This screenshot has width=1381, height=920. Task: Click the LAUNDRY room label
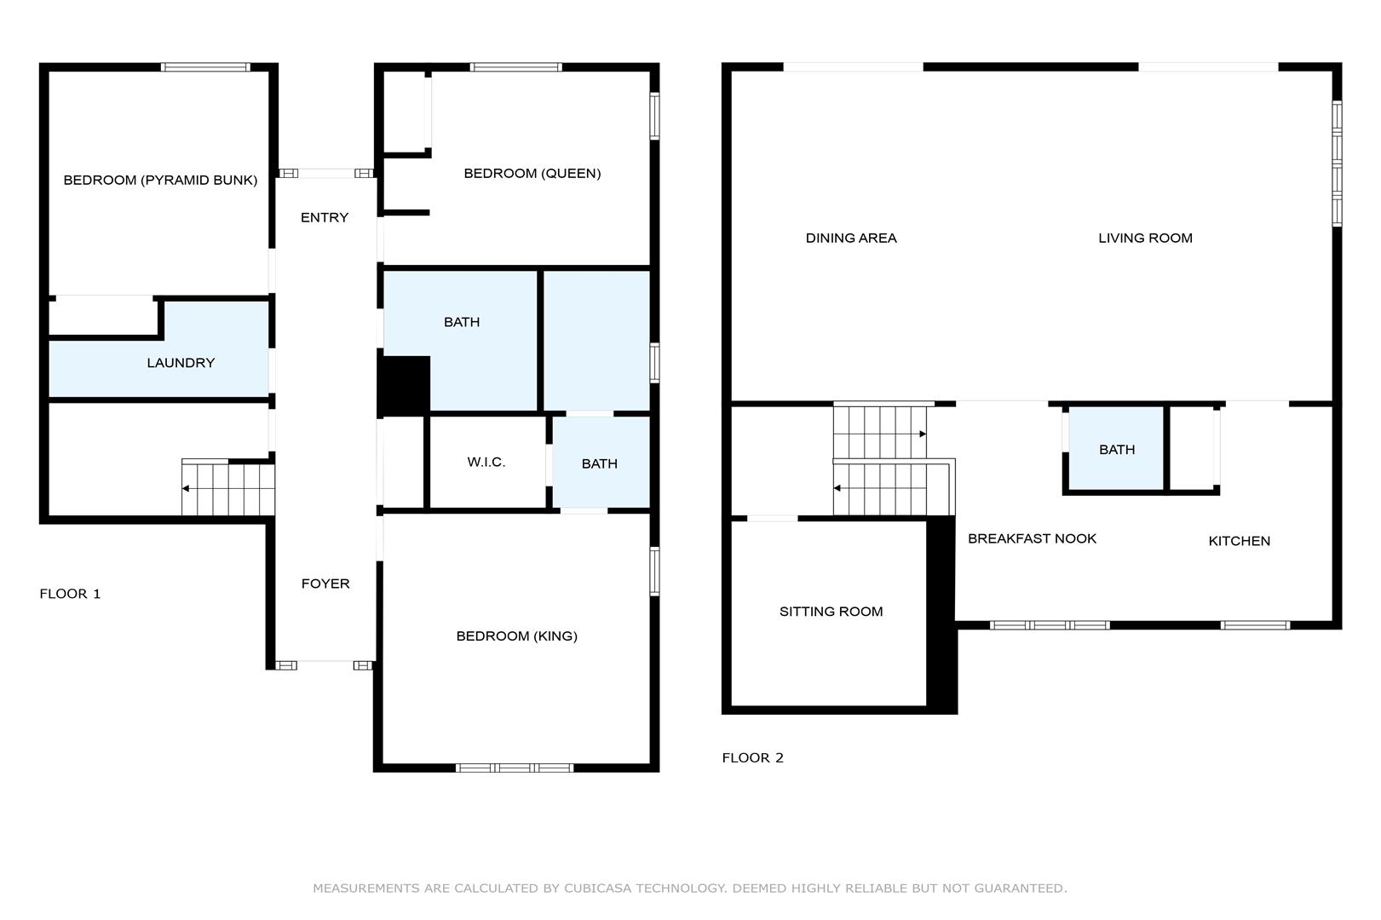(x=181, y=363)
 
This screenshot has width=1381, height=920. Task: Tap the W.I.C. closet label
(x=486, y=462)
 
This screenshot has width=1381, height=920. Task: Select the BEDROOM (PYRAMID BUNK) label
(x=160, y=180)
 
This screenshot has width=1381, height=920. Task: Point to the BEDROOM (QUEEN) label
(x=532, y=173)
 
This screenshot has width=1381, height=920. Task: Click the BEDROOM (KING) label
(x=516, y=635)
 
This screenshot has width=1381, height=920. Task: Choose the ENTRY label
(x=325, y=217)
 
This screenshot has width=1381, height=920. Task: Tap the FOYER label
(x=325, y=584)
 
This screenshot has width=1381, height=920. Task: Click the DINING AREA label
(x=851, y=238)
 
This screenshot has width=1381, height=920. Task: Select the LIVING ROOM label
(x=1146, y=238)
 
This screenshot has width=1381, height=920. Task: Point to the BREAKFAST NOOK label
(x=1032, y=538)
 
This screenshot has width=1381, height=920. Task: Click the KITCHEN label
(x=1240, y=541)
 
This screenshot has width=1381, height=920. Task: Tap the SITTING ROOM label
(x=831, y=611)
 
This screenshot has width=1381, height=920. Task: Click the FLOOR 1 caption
(x=70, y=594)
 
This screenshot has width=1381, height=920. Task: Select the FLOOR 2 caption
(x=753, y=758)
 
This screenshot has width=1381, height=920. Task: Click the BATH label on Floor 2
(x=1117, y=450)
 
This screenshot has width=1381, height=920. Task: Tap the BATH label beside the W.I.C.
(x=599, y=463)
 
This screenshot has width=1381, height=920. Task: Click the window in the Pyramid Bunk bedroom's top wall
(x=205, y=67)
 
